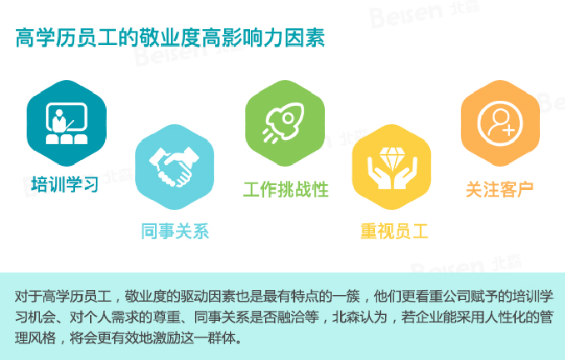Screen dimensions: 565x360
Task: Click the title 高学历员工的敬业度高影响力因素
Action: tap(170, 37)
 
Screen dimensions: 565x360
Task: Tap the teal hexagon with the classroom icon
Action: tap(67, 123)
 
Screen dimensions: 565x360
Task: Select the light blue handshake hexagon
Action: tap(175, 167)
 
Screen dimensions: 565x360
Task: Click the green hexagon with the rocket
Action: tap(285, 123)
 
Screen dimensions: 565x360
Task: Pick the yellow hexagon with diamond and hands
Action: tap(392, 167)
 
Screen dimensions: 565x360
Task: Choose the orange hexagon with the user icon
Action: tap(501, 123)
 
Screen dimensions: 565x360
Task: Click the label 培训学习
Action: tap(65, 184)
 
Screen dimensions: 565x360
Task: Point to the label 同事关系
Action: tap(175, 231)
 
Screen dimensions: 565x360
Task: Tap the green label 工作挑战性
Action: tap(286, 189)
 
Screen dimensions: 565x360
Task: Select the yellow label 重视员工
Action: tap(394, 231)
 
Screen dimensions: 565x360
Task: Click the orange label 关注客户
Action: tap(499, 189)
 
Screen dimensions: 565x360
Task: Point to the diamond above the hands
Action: tap(392, 157)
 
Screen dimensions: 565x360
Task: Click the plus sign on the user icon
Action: tap(508, 130)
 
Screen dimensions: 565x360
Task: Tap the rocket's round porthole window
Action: tap(288, 117)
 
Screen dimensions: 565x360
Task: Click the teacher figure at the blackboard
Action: tap(59, 121)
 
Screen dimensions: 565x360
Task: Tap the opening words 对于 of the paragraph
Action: tap(28, 296)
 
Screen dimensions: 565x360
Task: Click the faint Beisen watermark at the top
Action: tap(424, 13)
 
